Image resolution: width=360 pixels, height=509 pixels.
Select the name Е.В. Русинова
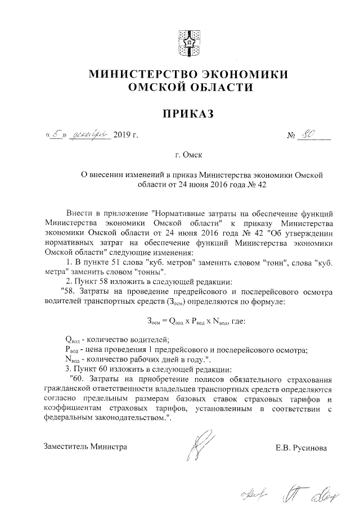pyautogui.click(x=300, y=448)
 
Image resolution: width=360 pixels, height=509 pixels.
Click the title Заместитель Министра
pyautogui.click(x=85, y=447)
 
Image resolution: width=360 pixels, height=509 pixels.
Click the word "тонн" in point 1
pyautogui.click(x=264, y=262)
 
